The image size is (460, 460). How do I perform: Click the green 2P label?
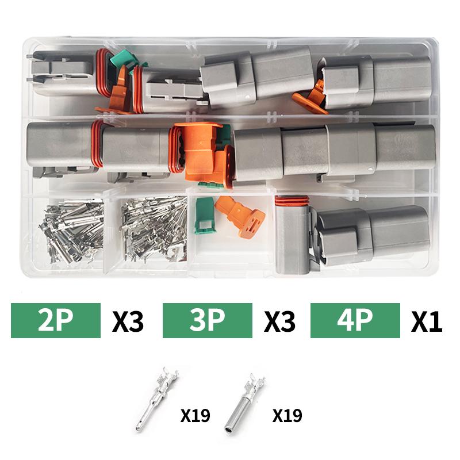tap(55, 321)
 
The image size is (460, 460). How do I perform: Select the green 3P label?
tap(208, 321)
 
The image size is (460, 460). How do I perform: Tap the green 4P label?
tap(355, 321)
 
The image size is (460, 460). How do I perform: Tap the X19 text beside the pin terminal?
tap(195, 415)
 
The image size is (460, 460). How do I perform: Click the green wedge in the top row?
tap(121, 60)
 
